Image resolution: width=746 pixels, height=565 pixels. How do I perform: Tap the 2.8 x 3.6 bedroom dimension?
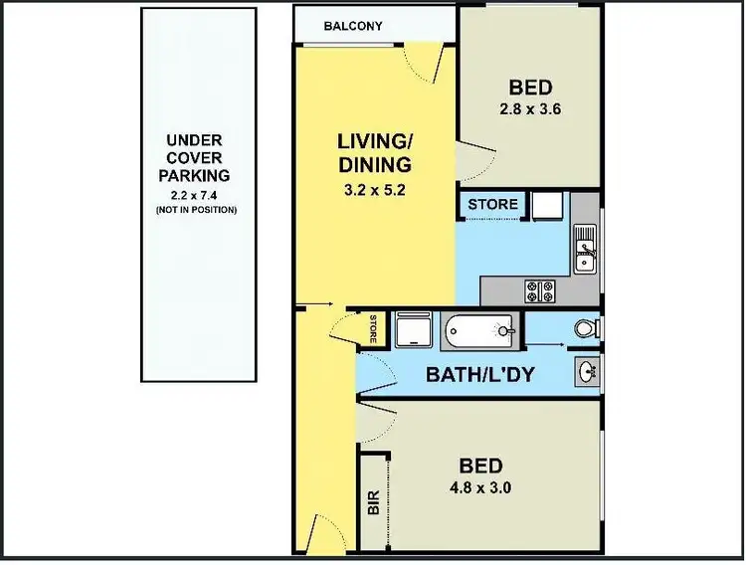tap(530, 110)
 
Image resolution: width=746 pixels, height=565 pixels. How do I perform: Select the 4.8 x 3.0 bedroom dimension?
tap(480, 487)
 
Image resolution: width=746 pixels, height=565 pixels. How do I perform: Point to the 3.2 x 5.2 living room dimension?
tap(373, 188)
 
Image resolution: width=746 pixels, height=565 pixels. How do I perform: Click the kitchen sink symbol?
tap(585, 249)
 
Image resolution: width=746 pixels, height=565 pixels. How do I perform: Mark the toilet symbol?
tap(587, 327)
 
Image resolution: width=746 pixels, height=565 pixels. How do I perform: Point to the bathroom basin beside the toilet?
tap(587, 373)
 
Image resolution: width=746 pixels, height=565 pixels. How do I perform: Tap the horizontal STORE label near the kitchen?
tap(493, 205)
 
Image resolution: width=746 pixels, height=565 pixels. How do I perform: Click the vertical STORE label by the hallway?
tap(373, 328)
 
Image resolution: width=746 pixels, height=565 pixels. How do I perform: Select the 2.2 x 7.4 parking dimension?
tap(196, 194)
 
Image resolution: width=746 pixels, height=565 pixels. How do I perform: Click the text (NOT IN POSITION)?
tap(196, 211)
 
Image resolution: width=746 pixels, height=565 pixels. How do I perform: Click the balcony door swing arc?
tap(426, 68)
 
